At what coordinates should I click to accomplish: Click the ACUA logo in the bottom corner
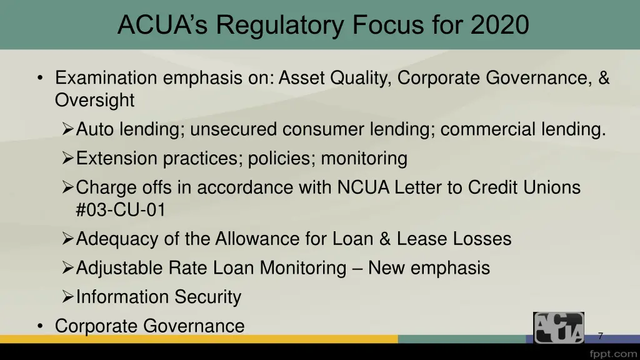558,327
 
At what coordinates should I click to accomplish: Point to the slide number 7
600,336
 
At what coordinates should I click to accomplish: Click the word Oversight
94,100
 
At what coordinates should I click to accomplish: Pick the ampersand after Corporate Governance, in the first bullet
603,78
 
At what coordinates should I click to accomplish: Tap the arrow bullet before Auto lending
68,129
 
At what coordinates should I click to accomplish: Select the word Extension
117,159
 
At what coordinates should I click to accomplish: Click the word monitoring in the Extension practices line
364,159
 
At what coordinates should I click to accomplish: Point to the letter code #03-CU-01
121,210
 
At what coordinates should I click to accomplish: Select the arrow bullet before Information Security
68,297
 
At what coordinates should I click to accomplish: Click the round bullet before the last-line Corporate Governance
40,326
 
